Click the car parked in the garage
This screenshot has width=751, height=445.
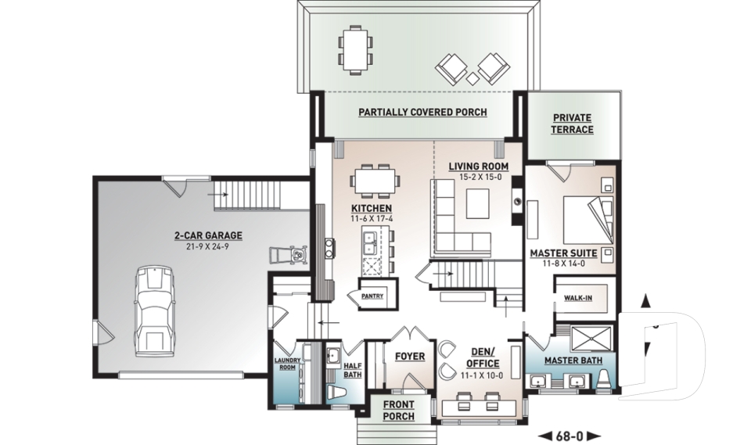(x=154, y=310)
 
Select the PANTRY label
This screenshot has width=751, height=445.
(x=372, y=296)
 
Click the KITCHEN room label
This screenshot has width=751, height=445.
(x=371, y=208)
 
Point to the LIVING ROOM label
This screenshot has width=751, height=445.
(x=478, y=167)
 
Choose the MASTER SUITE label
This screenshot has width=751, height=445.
(x=563, y=253)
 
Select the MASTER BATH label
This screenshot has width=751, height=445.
(x=572, y=361)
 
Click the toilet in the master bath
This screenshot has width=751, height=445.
(x=607, y=382)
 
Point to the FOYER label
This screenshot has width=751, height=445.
(x=409, y=357)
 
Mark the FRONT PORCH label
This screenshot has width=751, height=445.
(x=399, y=411)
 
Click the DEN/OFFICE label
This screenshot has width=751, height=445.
(x=483, y=358)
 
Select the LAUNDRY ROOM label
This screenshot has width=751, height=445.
(x=286, y=364)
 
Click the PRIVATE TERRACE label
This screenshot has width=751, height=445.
(x=573, y=124)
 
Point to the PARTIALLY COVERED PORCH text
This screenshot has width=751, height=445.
(x=422, y=113)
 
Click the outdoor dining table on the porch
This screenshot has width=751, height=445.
(x=357, y=48)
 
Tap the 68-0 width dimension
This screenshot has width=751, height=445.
(x=569, y=434)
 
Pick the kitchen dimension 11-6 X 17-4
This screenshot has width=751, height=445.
(x=371, y=219)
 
